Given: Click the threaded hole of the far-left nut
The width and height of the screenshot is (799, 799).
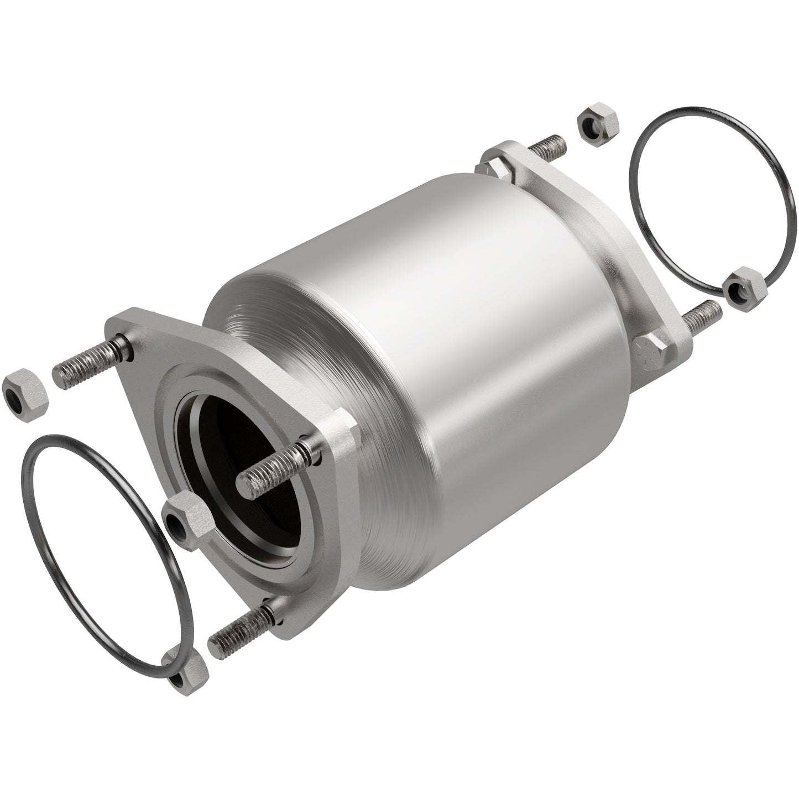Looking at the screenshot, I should pyautogui.click(x=15, y=400).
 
